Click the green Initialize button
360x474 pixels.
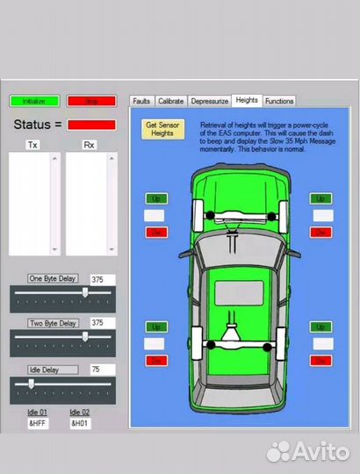[x=34, y=101]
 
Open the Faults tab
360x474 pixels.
[x=141, y=101]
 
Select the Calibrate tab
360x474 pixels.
[x=170, y=101]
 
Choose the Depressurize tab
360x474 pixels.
[x=209, y=101]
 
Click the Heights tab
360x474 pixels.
[x=247, y=100]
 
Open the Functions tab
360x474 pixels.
[x=279, y=101]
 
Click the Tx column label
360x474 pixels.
[x=33, y=145]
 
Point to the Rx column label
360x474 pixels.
[x=89, y=145]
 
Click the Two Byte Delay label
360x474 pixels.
[x=54, y=323]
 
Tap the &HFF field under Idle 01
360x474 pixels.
[x=37, y=423]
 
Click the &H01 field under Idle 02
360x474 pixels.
[x=80, y=423]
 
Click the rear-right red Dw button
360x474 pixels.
[x=322, y=360]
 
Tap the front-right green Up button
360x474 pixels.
[x=322, y=199]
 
